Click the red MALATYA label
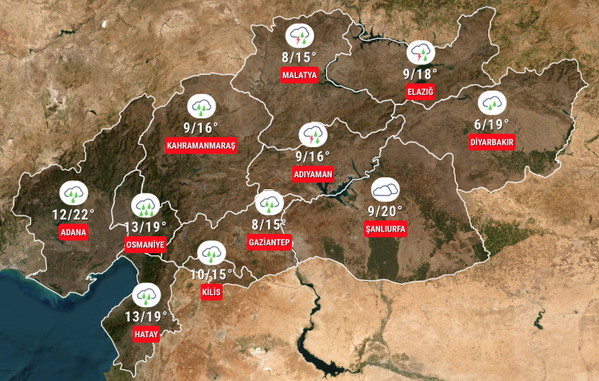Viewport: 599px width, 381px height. click(x=300, y=76)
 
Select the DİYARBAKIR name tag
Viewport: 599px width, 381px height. click(x=492, y=142)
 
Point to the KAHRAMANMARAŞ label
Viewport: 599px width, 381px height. click(x=201, y=146)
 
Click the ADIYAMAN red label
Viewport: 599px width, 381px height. click(x=313, y=174)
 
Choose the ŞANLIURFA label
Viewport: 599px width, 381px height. click(x=385, y=229)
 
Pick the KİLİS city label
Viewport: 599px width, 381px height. click(x=212, y=292)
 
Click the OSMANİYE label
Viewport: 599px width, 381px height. click(x=146, y=245)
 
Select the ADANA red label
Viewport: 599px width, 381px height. click(x=73, y=232)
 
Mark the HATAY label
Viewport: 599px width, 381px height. click(x=146, y=334)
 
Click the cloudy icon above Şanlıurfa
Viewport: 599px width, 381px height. click(x=386, y=189)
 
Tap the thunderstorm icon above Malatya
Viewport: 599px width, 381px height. click(x=300, y=36)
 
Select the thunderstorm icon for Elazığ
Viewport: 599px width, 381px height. click(x=420, y=53)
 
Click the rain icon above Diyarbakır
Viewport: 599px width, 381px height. click(x=492, y=103)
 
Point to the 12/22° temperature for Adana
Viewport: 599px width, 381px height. click(x=73, y=214)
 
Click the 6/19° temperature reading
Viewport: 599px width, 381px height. click(x=492, y=123)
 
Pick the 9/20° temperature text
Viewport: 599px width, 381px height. click(x=385, y=211)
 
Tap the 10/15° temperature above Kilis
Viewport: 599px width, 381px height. click(x=212, y=274)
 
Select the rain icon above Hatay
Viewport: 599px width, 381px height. click(x=146, y=296)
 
